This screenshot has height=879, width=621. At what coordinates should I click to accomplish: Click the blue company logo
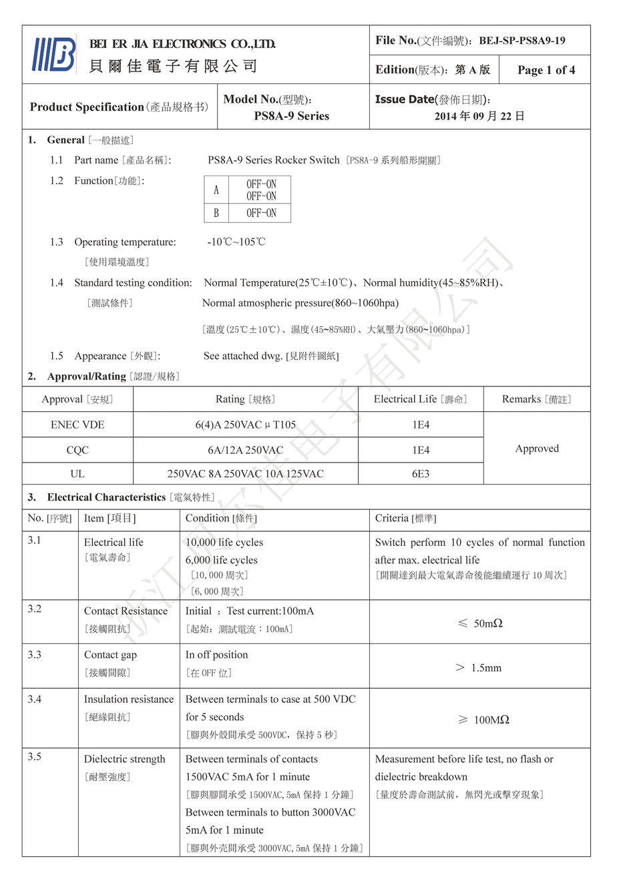click(x=53, y=54)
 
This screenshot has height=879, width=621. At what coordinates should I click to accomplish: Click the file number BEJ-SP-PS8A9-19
click(x=522, y=41)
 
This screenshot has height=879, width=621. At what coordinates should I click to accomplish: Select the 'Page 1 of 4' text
click(x=546, y=70)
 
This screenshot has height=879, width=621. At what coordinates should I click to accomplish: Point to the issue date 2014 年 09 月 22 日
click(x=479, y=116)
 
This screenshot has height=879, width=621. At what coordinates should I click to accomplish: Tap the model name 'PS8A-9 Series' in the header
click(x=291, y=116)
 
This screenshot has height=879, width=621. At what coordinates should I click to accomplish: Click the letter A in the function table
click(x=216, y=190)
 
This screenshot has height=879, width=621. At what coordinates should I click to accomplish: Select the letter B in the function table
click(x=216, y=214)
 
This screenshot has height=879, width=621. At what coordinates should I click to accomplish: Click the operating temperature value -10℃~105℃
click(x=236, y=242)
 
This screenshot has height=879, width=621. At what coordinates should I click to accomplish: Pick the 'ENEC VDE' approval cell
click(x=77, y=425)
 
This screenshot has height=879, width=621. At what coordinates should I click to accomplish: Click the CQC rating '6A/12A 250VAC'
click(x=245, y=451)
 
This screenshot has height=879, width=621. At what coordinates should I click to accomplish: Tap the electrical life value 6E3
click(x=420, y=474)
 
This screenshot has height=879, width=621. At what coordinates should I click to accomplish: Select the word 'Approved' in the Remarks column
click(x=537, y=449)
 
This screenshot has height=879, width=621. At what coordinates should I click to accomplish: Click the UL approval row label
click(x=77, y=474)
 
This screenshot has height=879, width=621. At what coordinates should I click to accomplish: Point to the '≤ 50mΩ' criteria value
click(x=480, y=623)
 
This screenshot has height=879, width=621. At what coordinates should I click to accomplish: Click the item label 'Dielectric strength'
click(x=124, y=760)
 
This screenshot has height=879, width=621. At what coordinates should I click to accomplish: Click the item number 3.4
click(x=35, y=699)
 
